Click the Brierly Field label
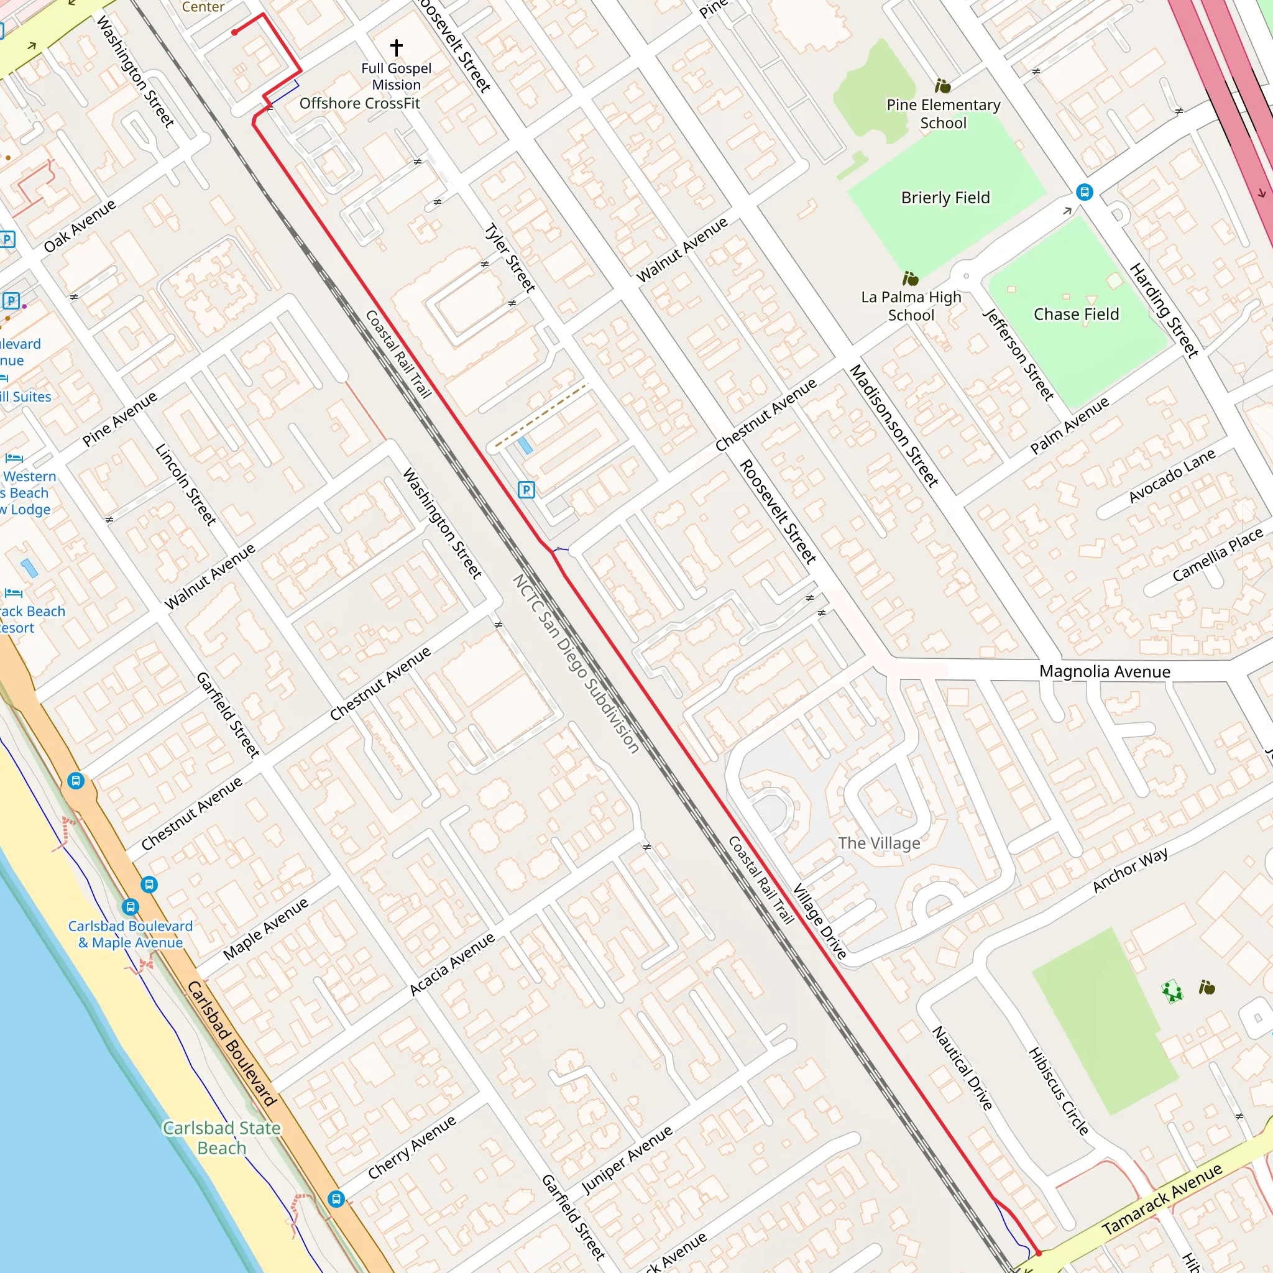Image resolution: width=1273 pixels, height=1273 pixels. pyautogui.click(x=945, y=198)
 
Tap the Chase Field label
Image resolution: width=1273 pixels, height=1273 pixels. pyautogui.click(x=1075, y=315)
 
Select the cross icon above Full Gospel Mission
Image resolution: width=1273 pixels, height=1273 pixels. pyautogui.click(x=396, y=47)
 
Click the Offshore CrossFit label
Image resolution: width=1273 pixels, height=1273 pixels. pyautogui.click(x=359, y=103)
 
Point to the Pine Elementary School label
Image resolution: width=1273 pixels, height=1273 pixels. pyautogui.click(x=943, y=113)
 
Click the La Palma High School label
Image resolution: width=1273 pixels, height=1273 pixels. pyautogui.click(x=911, y=306)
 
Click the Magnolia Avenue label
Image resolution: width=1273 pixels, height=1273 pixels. pyautogui.click(x=1105, y=671)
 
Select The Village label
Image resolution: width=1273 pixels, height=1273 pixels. pyautogui.click(x=878, y=843)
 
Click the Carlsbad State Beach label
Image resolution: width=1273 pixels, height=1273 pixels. pyautogui.click(x=221, y=1138)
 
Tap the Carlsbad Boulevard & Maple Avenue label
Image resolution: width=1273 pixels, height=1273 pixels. pyautogui.click(x=131, y=934)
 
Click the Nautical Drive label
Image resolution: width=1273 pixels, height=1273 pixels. pyautogui.click(x=962, y=1068)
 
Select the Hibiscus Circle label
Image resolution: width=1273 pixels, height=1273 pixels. pyautogui.click(x=1058, y=1091)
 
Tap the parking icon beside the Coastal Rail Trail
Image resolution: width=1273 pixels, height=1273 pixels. pyautogui.click(x=526, y=490)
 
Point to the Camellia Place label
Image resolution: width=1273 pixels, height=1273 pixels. pyautogui.click(x=1216, y=555)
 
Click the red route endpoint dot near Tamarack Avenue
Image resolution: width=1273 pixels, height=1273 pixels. pyautogui.click(x=1038, y=1252)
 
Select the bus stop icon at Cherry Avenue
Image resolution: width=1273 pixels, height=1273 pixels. pyautogui.click(x=336, y=1198)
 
